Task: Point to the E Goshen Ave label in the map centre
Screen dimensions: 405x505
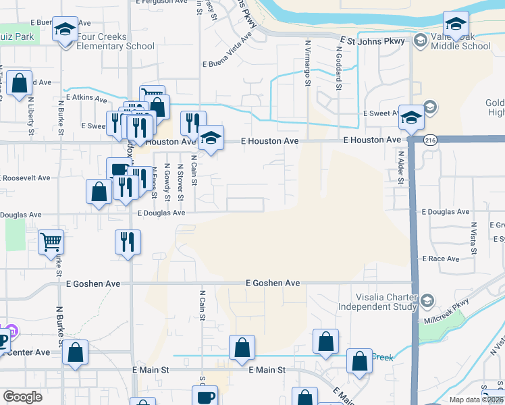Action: (272, 283)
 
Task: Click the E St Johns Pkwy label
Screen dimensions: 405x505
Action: (372, 41)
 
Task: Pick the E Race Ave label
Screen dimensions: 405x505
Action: (441, 259)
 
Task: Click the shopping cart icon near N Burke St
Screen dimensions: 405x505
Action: (51, 241)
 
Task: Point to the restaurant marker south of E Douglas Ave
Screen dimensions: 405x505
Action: (128, 241)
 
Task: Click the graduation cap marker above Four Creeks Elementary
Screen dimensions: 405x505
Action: (65, 29)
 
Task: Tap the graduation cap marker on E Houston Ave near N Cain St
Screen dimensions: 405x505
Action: (211, 138)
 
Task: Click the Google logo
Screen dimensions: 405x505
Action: (23, 397)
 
